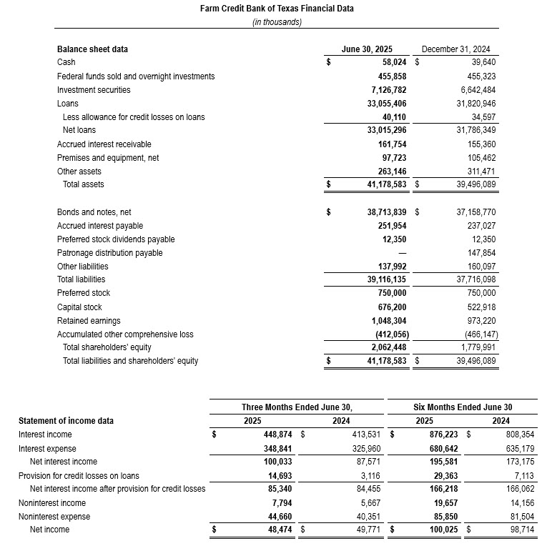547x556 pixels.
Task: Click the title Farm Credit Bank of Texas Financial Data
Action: pyautogui.click(x=277, y=9)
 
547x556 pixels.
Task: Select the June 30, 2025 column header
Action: pyautogui.click(x=367, y=49)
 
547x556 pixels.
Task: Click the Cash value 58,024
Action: pyautogui.click(x=388, y=63)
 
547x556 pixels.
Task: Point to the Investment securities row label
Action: pyautogui.click(x=94, y=90)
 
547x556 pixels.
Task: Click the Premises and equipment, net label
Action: pyautogui.click(x=108, y=158)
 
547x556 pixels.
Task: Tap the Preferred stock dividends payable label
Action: pyautogui.click(x=116, y=239)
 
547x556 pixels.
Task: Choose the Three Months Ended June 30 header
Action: pyautogui.click(x=297, y=407)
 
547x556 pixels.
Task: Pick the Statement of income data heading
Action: pyautogui.click(x=66, y=421)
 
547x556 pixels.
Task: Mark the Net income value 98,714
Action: pyautogui.click(x=496, y=530)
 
